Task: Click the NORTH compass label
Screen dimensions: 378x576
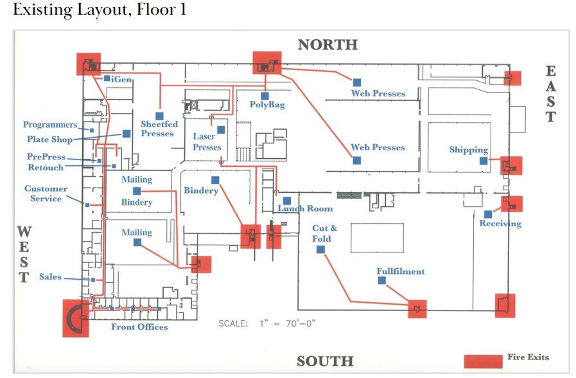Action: pyautogui.click(x=327, y=44)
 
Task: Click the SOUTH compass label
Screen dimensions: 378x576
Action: pyautogui.click(x=325, y=361)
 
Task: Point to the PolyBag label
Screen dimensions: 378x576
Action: pyautogui.click(x=266, y=105)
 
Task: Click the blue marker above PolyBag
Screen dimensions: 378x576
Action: pyautogui.click(x=265, y=96)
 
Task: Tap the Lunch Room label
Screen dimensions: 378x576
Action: pyautogui.click(x=305, y=208)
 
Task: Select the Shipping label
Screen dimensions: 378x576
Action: pyautogui.click(x=469, y=150)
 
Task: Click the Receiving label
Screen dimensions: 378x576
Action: pyautogui.click(x=500, y=224)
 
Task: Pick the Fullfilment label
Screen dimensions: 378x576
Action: pyautogui.click(x=400, y=271)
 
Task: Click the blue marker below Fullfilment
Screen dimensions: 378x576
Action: pyautogui.click(x=382, y=281)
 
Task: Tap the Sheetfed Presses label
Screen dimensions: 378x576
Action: pyautogui.click(x=157, y=129)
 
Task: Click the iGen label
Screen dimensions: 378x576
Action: pyautogui.click(x=122, y=78)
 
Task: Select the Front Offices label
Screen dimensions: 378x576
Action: pyautogui.click(x=139, y=327)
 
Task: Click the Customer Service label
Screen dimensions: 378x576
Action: pyautogui.click(x=46, y=194)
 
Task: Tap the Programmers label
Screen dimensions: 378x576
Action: pyautogui.click(x=50, y=125)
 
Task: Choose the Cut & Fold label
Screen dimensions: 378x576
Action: pyautogui.click(x=322, y=233)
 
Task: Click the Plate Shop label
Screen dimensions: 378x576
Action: pyautogui.click(x=49, y=139)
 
